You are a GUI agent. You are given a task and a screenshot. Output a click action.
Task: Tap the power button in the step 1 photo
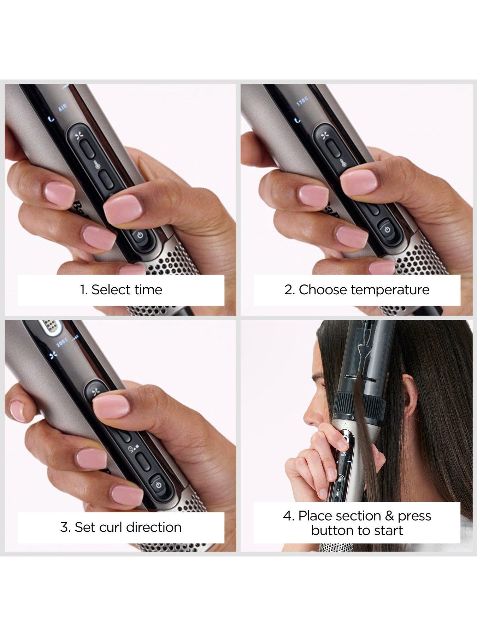(140, 235)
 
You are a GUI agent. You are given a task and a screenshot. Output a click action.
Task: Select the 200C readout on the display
(62, 343)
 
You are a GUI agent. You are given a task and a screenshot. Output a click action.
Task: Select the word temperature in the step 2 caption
(390, 290)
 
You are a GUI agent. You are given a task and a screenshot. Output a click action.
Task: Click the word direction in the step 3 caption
(154, 527)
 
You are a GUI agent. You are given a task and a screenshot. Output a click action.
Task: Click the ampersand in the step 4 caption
(389, 516)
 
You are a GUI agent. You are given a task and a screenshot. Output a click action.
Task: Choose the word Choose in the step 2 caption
(323, 290)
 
